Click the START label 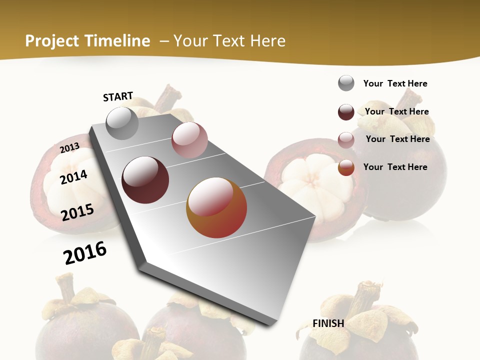pyautogui.click(x=118, y=96)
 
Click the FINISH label pyautogui.click(x=328, y=323)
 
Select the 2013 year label pyautogui.click(x=69, y=148)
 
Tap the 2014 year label pyautogui.click(x=73, y=177)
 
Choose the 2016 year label pyautogui.click(x=85, y=252)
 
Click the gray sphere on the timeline pyautogui.click(x=122, y=123)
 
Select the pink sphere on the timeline pyautogui.click(x=189, y=140)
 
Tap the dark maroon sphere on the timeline pyautogui.click(x=145, y=180)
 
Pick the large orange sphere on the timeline pyautogui.click(x=216, y=207)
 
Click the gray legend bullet pyautogui.click(x=346, y=83)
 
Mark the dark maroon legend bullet pyautogui.click(x=346, y=112)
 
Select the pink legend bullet pyautogui.click(x=346, y=140)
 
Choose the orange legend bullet pyautogui.click(x=346, y=168)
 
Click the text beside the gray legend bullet pyautogui.click(x=395, y=83)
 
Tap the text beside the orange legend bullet pyautogui.click(x=395, y=167)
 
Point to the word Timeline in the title pyautogui.click(x=118, y=41)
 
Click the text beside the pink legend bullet pyautogui.click(x=397, y=139)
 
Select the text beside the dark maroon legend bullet pyautogui.click(x=396, y=111)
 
